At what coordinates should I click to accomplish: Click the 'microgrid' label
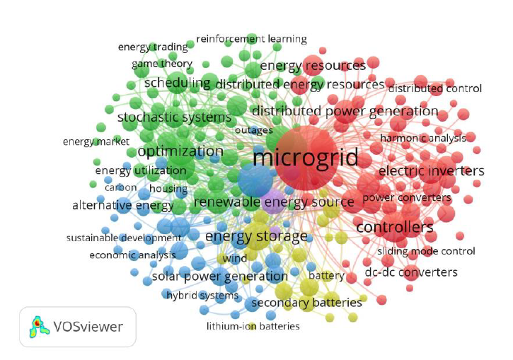tap(305, 156)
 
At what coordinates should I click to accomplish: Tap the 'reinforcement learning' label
tap(251, 39)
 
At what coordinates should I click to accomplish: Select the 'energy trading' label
tap(153, 47)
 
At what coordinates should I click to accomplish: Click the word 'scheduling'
tap(178, 83)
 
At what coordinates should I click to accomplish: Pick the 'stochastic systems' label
tap(174, 117)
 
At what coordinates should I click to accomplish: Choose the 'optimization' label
tap(180, 151)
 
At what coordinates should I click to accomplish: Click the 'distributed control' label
tap(434, 88)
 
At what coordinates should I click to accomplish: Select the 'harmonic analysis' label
tap(422, 138)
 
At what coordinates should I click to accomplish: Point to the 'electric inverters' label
tap(431, 171)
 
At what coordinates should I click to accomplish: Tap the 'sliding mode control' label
tap(426, 251)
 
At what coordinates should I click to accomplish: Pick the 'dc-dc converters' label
tap(410, 272)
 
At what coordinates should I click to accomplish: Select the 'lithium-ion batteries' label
tap(253, 326)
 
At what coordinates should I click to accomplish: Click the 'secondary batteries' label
tap(306, 303)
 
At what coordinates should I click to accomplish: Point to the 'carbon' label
tap(120, 187)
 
